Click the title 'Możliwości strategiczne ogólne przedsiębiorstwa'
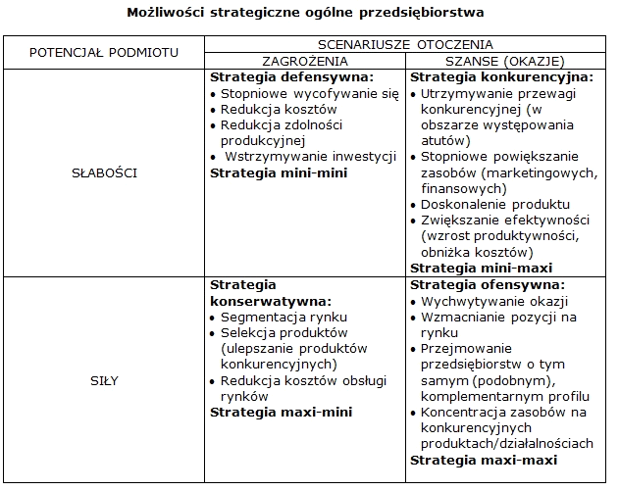pos(305,14)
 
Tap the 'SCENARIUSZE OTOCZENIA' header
pos(404,44)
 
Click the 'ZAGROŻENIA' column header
pos(306,60)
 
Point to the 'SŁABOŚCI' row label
pos(104,172)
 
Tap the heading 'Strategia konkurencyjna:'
pos(500,76)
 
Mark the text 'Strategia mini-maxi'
pos(481,268)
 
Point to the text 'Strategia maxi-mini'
pos(282,413)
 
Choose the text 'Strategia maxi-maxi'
pos(483,460)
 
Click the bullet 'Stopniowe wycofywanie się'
pos(309,94)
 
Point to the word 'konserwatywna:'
pos(271,301)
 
